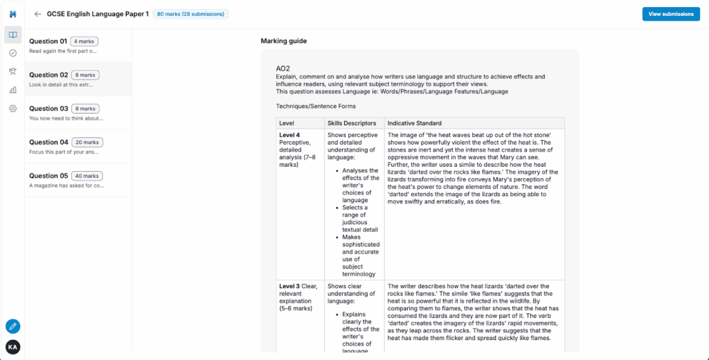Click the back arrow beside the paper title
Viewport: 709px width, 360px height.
click(x=37, y=14)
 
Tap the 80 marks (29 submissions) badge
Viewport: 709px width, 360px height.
click(x=190, y=14)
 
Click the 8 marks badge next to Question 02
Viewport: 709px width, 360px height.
click(x=86, y=75)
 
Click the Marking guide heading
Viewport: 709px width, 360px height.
click(x=283, y=41)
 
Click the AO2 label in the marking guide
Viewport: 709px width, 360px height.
click(x=282, y=69)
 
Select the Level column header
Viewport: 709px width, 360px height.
click(x=287, y=123)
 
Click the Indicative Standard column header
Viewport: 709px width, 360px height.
click(x=414, y=123)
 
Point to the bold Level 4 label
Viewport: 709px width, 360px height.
click(x=289, y=134)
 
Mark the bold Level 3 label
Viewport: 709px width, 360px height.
click(x=289, y=285)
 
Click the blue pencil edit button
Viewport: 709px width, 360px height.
click(x=12, y=326)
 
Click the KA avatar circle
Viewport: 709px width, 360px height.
click(x=12, y=347)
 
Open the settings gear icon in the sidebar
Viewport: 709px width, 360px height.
click(x=12, y=109)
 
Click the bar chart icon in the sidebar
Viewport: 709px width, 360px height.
click(x=12, y=90)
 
